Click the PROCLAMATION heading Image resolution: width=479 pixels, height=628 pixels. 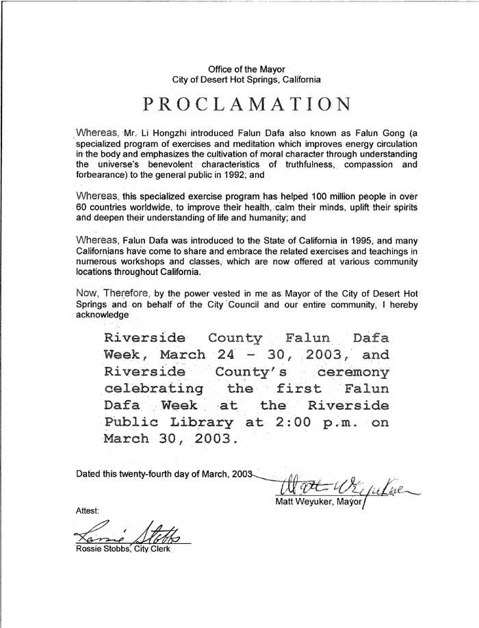click(248, 104)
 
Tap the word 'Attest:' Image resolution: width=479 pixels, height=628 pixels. click(88, 510)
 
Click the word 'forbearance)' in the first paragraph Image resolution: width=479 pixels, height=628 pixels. click(101, 174)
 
